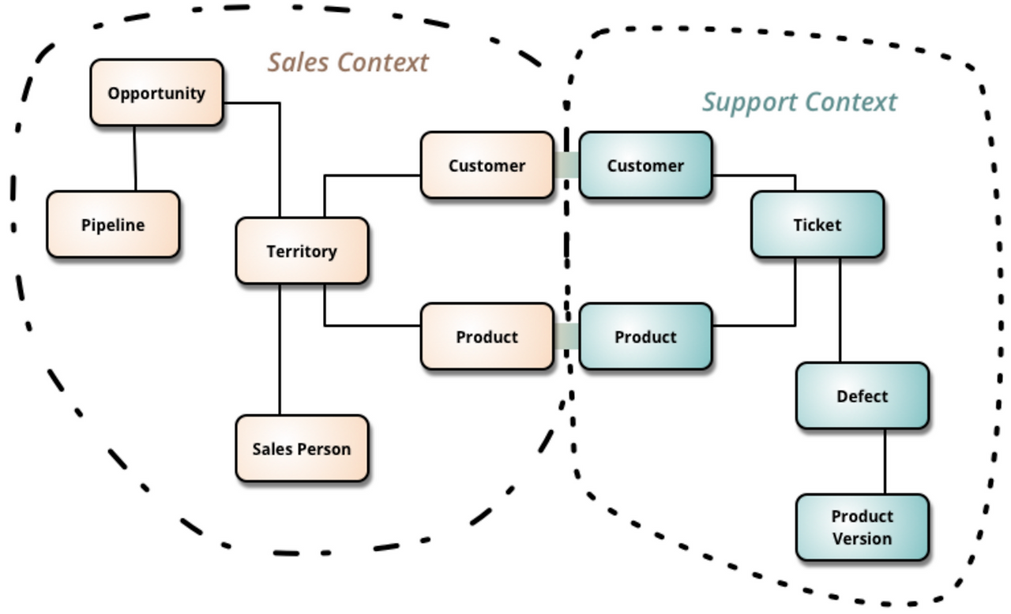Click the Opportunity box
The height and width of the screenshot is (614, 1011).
coord(156,92)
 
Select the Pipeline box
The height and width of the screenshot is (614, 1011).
coord(113,224)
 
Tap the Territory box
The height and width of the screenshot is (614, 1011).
coord(302,251)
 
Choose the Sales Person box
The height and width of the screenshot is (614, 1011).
coord(302,448)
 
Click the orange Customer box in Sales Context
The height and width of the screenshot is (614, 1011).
coord(487,165)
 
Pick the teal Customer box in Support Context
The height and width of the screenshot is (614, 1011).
coord(646,165)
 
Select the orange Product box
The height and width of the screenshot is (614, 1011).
coord(487,336)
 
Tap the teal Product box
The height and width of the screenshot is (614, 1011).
coord(646,336)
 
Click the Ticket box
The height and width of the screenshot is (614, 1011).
coord(817,224)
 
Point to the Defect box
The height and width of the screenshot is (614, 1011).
coord(863,396)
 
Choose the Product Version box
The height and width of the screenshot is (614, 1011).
coord(863,527)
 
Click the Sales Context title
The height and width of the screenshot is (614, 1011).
coord(348,62)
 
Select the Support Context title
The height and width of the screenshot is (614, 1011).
coord(800,103)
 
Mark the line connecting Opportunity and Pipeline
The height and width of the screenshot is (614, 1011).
coord(135,158)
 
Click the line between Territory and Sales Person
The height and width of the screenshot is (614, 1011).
coord(280,350)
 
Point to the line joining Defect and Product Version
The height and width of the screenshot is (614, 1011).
coord(885,462)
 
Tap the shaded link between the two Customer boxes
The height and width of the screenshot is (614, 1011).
coord(566,165)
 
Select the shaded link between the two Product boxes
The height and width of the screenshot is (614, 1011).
coord(566,336)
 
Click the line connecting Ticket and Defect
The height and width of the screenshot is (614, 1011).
coord(840,310)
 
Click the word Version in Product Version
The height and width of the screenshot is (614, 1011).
coord(863,539)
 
